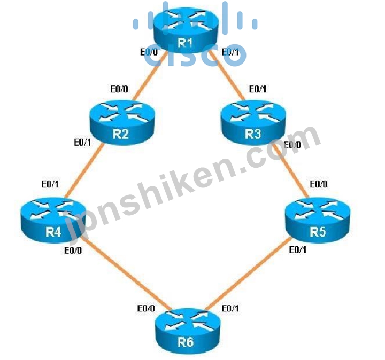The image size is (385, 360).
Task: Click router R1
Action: [x=186, y=30]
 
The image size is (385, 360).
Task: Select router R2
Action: [x=122, y=122]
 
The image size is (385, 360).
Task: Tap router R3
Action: [x=253, y=122]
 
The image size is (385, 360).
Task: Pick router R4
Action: [x=53, y=220]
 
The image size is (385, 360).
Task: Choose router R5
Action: [x=318, y=220]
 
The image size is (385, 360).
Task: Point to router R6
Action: [x=188, y=331]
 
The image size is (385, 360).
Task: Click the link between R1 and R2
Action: [x=150, y=76]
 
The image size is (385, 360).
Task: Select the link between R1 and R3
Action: [x=227, y=76]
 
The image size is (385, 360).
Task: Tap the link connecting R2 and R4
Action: [x=84, y=171]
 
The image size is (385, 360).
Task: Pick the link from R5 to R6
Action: [x=248, y=273]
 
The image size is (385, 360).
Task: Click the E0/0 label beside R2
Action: [x=119, y=89]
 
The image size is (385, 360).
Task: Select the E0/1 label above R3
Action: [x=258, y=89]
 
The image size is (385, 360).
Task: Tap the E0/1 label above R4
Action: [x=50, y=184]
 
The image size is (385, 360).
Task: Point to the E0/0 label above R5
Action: [x=319, y=184]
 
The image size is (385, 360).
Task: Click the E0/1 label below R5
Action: [x=298, y=249]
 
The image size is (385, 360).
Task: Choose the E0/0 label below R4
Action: [x=73, y=251]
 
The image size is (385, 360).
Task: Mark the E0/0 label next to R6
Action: [x=146, y=308]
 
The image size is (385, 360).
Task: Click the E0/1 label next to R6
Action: [x=230, y=308]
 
